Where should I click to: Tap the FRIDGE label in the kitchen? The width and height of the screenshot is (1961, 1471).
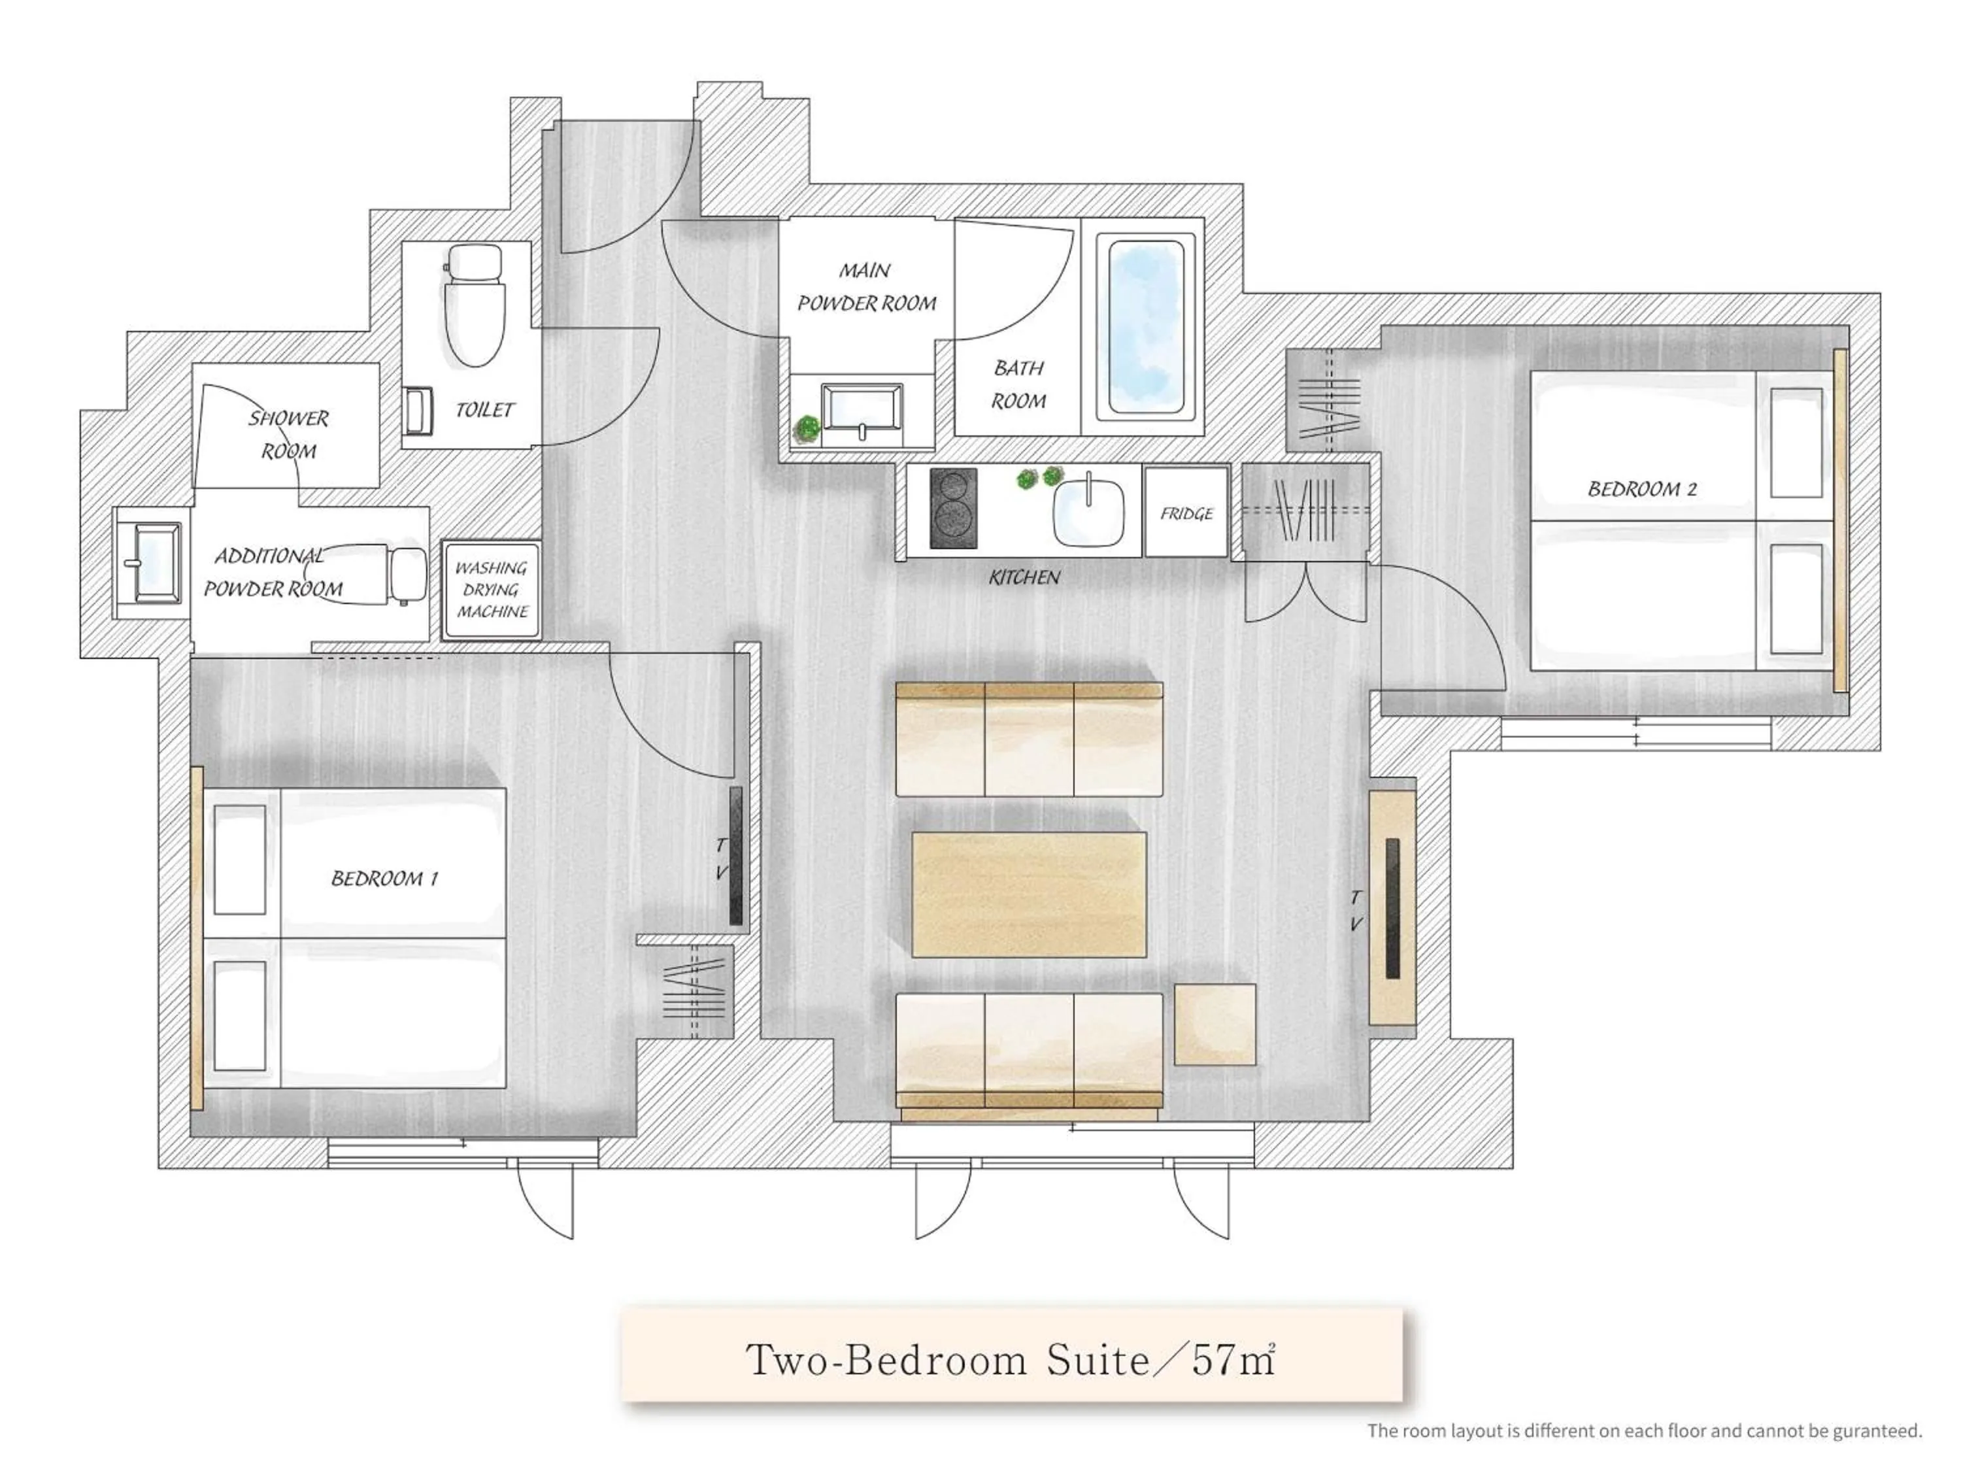click(x=1186, y=513)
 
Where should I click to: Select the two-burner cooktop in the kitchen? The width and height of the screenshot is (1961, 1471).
click(x=953, y=508)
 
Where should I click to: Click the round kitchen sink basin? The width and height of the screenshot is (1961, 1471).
click(x=1088, y=512)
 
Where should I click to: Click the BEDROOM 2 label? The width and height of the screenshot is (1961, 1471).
click(x=1642, y=488)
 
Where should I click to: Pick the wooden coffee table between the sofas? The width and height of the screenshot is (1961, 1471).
click(x=1028, y=894)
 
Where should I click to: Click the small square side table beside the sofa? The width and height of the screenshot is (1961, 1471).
click(x=1215, y=1024)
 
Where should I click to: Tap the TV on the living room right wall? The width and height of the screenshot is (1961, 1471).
click(x=1392, y=909)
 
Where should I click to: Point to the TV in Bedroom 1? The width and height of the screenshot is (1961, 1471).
click(x=736, y=856)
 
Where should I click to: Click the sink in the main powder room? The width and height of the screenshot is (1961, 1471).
click(x=861, y=411)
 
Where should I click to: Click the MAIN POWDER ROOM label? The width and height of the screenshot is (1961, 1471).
click(x=866, y=286)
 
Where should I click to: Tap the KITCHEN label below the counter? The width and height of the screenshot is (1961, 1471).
click(x=1024, y=577)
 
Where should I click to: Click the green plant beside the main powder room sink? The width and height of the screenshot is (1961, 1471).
click(x=807, y=428)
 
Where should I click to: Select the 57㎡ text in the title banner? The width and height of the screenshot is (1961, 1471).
click(x=1232, y=1359)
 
